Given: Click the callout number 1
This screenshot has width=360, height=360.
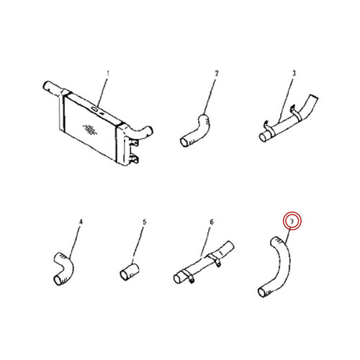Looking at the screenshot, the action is pos(108,73).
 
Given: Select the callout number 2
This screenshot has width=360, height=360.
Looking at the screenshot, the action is pos(217,73).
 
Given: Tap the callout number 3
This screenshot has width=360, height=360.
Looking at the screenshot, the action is pos(294,73).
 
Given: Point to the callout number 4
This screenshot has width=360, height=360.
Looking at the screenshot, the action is pos(81,222).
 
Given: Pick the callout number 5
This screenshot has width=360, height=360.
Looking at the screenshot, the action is pos(144,222).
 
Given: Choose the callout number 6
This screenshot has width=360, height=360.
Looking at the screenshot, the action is pos(212,222).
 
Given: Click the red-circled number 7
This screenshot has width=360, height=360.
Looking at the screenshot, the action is pos(292,221).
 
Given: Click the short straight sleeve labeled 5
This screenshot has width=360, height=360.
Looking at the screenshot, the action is pos(130,272).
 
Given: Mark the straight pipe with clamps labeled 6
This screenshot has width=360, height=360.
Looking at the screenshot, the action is pos(204,262).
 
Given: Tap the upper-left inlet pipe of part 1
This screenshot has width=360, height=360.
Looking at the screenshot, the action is pos(53,88).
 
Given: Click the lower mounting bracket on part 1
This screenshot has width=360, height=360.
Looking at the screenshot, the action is pos(134,159).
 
